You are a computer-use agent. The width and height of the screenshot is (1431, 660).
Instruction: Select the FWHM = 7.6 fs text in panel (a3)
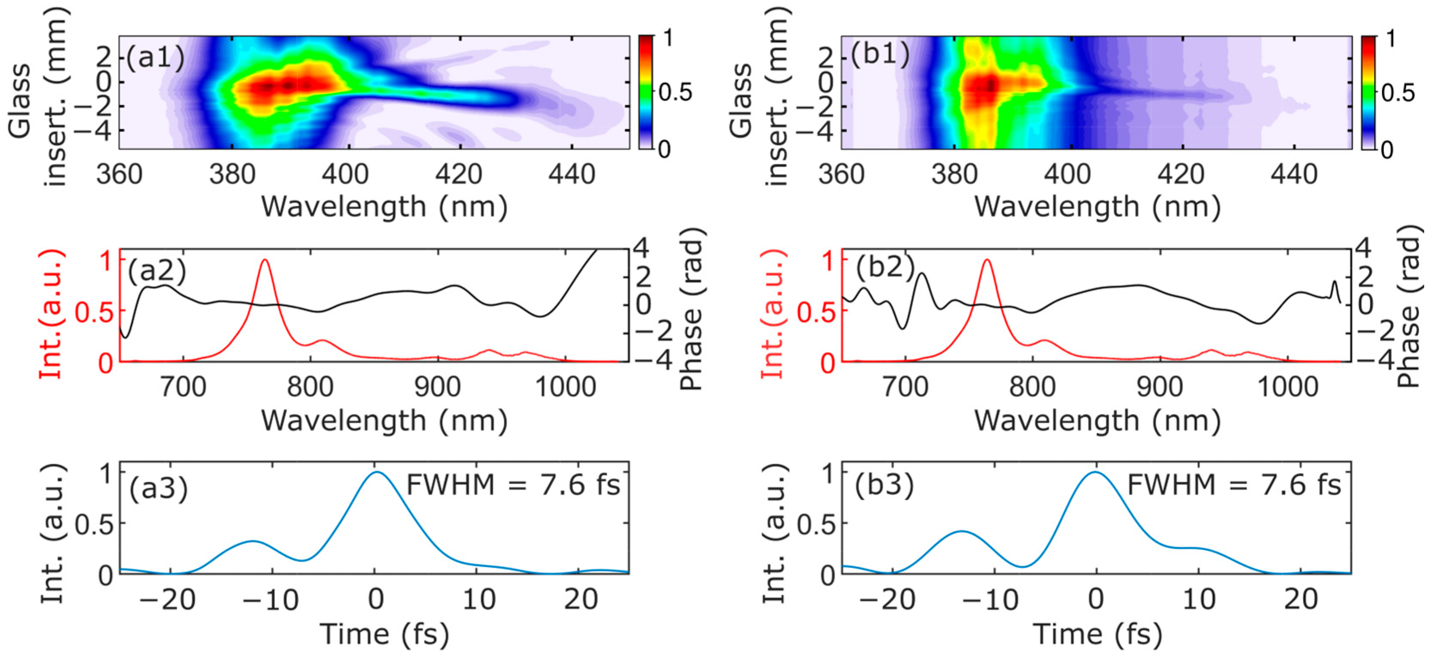click(513, 485)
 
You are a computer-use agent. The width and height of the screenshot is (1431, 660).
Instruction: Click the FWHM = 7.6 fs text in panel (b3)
click(1234, 485)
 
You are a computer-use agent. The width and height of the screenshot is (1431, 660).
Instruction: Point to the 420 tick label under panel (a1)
click(459, 174)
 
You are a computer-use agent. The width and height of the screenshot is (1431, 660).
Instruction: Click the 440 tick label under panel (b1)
click(1294, 174)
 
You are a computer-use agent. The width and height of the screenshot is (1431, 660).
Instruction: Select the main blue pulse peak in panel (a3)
click(377, 473)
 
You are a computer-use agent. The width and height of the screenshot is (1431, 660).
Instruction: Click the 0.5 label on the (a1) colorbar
click(676, 92)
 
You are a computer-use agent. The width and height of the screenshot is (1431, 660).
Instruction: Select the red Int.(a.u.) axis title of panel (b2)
click(773, 314)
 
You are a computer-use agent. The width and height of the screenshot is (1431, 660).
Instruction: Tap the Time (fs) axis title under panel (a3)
click(384, 634)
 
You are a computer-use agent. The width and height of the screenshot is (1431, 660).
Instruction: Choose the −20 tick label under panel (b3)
click(887, 600)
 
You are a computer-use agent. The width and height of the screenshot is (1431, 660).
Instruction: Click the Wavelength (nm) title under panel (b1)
click(1097, 207)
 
